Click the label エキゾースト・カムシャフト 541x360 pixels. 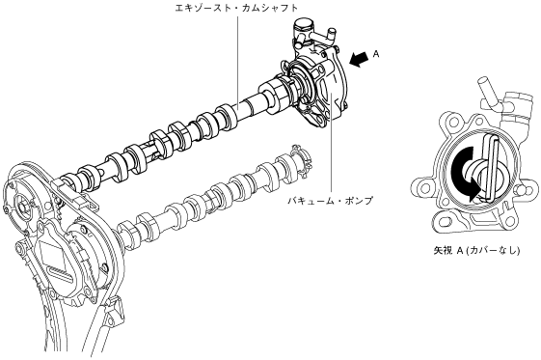pos(236,8)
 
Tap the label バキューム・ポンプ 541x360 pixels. pos(331,201)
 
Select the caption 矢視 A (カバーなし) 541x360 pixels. pos(476,251)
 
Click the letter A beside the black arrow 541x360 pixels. pos(376,54)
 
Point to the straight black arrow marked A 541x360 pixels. pos(359,59)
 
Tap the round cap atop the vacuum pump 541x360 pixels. pos(302,25)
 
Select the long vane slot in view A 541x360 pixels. pos(490,168)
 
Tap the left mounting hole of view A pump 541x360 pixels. pos(421,189)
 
